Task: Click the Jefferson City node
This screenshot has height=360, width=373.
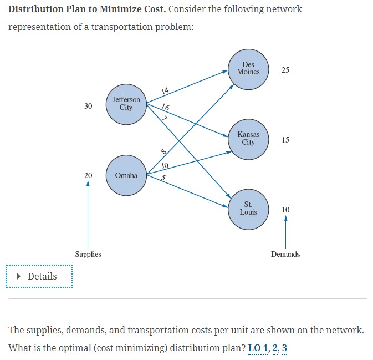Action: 126,104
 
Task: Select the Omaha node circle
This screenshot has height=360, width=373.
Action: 126,175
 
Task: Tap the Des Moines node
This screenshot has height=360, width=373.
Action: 248,69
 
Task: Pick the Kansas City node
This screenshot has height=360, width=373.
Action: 248,139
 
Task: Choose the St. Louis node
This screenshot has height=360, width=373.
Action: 248,209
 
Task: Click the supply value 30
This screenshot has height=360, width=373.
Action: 88,106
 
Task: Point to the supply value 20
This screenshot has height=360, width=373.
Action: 88,175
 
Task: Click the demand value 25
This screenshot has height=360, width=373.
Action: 285,70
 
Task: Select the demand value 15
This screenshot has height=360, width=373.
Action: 285,140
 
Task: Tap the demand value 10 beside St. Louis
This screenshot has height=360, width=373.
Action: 285,210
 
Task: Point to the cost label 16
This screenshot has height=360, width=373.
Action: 166,107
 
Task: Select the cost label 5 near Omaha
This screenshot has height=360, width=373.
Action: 165,178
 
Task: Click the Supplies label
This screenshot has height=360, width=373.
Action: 88,254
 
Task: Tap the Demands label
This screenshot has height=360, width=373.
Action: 285,254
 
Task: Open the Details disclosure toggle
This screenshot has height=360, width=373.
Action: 39,276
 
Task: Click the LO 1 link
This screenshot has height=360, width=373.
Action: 258,348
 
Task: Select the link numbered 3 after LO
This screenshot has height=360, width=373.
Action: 284,348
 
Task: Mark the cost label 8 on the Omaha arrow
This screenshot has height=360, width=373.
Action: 163,151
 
